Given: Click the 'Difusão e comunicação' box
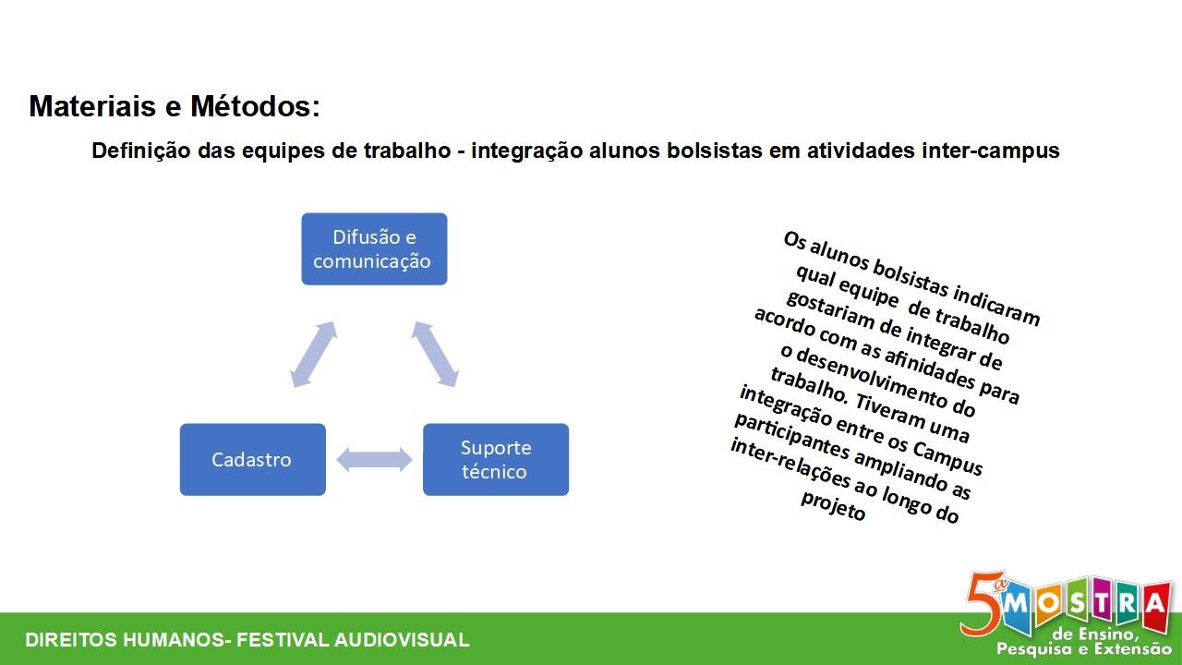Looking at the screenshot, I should [373, 249].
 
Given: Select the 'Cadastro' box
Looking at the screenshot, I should [252, 459].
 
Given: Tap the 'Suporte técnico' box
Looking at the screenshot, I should [495, 459].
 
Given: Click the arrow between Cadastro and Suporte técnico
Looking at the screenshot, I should [374, 459].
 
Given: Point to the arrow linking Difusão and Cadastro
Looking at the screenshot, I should [313, 354].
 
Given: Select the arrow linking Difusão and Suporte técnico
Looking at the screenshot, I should [435, 354].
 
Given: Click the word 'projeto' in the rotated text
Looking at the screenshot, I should [833, 505].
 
